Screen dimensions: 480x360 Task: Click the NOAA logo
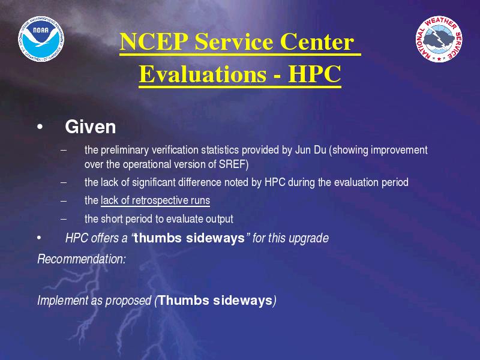pos(41,39)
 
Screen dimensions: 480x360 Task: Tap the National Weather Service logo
pos(439,39)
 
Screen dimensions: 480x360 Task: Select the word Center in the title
pos(317,41)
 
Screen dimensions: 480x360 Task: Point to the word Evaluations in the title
pos(203,74)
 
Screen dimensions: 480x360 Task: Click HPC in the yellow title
pos(314,74)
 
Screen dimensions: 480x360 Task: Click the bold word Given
pos(91,127)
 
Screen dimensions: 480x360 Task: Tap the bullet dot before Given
pos(40,127)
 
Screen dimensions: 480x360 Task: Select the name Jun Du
pos(310,150)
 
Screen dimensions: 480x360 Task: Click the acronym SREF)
pos(233,164)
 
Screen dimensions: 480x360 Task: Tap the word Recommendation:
pos(82,259)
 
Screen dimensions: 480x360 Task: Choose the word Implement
pos(62,301)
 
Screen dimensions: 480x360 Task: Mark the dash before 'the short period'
pos(64,219)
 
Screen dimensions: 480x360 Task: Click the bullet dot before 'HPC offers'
pos(39,238)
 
